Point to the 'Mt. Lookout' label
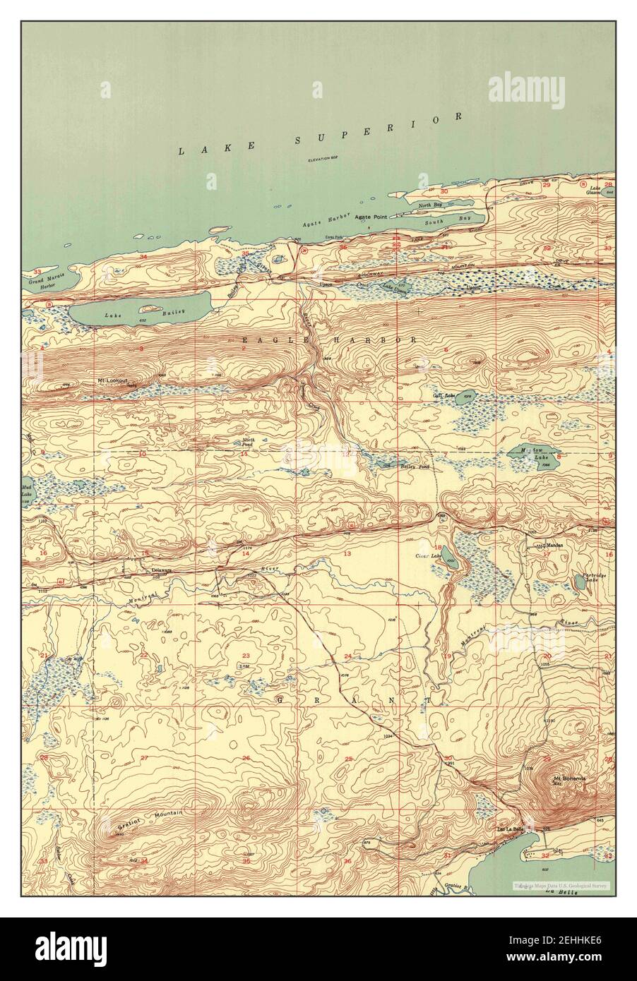[112, 380]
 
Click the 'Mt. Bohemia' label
[570, 778]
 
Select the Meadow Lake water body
[535, 456]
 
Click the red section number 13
[347, 554]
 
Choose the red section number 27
[143, 758]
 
